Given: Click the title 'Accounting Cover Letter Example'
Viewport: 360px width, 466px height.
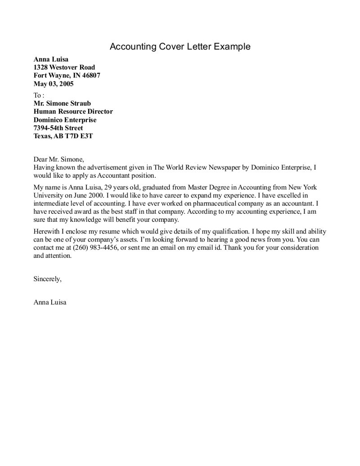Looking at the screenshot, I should (180, 47).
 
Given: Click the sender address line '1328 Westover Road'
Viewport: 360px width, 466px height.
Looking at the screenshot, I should (64, 67).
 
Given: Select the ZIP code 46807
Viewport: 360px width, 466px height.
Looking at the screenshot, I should (90, 76).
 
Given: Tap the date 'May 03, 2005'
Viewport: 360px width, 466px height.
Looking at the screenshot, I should (54, 84).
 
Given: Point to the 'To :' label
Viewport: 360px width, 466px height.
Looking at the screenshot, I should (39, 95).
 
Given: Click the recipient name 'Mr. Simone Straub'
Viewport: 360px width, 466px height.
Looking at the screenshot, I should (62, 103).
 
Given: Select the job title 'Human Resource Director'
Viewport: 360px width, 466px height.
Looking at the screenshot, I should (73, 112).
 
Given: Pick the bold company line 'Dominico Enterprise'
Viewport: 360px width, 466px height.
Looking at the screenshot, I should (65, 120).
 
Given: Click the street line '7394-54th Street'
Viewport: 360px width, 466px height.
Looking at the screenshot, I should (58, 128).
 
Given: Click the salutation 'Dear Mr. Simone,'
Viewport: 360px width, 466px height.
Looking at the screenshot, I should (59, 159).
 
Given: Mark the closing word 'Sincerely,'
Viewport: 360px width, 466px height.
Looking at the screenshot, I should (47, 279).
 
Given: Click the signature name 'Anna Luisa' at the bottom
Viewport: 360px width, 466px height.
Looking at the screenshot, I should (49, 302).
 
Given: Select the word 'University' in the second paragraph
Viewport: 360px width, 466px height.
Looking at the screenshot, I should (49, 195).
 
